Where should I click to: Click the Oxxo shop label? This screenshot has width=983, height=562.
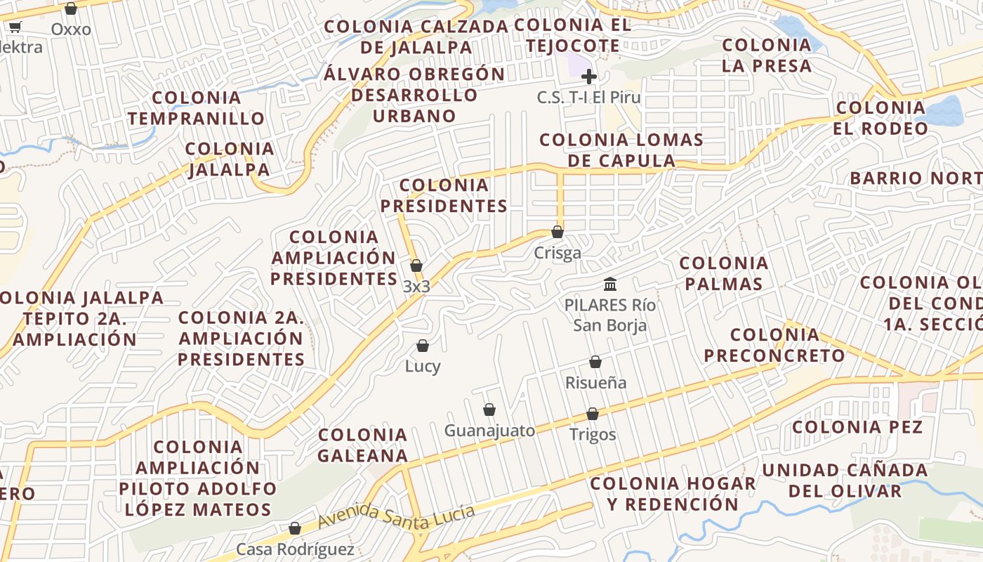tap(71, 30)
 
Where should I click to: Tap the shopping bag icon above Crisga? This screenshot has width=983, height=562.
tap(558, 232)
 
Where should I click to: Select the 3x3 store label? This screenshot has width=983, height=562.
tap(416, 287)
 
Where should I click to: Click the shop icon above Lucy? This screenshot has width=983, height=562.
tap(423, 346)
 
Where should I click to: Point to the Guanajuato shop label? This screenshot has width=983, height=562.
tap(489, 431)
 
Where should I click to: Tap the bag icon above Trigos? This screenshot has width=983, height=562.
tap(593, 414)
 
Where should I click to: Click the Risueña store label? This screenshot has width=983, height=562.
tap(596, 383)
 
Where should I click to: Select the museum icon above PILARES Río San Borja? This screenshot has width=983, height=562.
tap(610, 285)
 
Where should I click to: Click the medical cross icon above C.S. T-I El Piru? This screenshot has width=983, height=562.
tap(589, 77)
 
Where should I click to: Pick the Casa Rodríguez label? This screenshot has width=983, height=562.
tap(295, 549)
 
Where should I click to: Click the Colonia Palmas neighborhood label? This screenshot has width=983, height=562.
tap(724, 273)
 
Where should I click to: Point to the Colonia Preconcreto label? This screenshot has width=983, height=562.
tap(774, 345)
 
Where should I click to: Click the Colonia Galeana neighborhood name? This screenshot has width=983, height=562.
tap(362, 445)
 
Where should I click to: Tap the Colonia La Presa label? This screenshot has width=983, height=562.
tap(767, 55)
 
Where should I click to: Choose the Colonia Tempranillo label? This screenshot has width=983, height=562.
tap(196, 108)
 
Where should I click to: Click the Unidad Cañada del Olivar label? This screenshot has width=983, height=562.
tap(845, 480)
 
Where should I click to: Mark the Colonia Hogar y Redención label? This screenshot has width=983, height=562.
tap(673, 494)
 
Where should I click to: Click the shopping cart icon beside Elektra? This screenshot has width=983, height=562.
tap(15, 27)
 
